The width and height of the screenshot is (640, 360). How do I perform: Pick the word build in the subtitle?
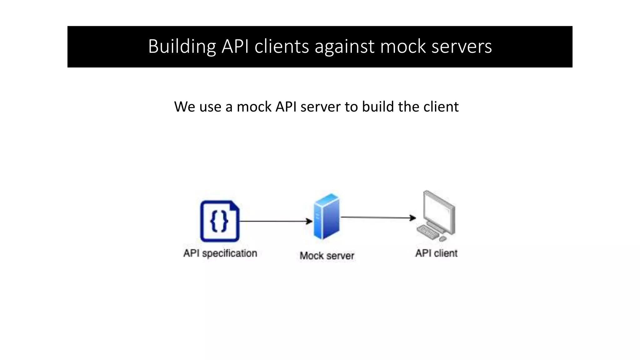pos(378,107)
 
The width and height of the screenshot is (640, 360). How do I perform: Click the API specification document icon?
pos(220,221)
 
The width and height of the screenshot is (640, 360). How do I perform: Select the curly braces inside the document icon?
pos(219,221)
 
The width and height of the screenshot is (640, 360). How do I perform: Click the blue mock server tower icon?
pos(326,216)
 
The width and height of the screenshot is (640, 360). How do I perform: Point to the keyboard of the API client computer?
pos(428,232)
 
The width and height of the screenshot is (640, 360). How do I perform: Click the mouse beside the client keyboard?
pos(442,239)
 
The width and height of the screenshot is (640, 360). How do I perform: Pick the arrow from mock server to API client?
pos(378,217)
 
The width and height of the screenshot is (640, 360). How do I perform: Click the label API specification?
pos(220,253)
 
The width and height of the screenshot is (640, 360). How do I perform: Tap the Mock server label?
pos(327,256)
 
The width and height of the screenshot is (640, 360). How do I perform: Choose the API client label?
pos(436,253)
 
